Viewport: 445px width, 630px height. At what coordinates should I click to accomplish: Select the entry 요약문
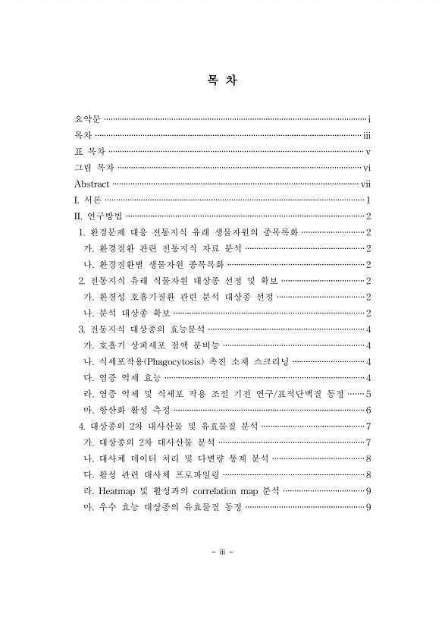click(86, 119)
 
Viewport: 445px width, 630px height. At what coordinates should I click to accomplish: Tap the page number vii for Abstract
click(365, 184)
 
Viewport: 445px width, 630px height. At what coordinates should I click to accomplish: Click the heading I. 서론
click(87, 200)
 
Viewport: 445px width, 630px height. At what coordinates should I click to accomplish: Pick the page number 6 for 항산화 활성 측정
click(368, 410)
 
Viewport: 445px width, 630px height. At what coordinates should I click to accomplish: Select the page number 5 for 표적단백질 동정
click(368, 394)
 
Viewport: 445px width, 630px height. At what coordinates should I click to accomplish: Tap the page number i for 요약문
click(368, 119)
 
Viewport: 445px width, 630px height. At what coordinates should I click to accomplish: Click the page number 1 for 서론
click(368, 200)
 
